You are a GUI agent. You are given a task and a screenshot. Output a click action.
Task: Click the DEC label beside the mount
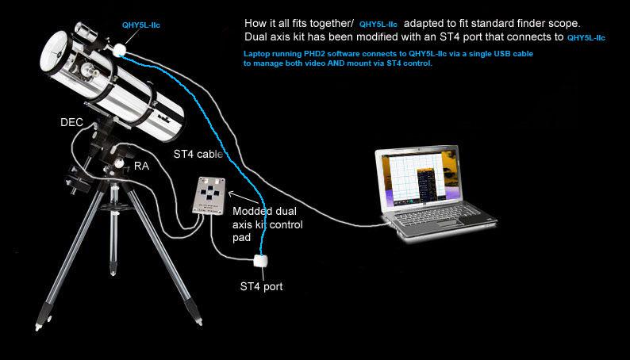[71, 122]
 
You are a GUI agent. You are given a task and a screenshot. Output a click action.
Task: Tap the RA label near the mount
[141, 167]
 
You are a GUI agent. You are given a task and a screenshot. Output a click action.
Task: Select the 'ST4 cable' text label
[198, 154]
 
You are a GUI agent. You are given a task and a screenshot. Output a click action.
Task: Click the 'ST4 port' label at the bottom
[261, 286]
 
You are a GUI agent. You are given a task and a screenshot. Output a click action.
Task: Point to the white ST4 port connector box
[260, 262]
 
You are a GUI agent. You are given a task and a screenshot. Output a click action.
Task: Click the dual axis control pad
[209, 196]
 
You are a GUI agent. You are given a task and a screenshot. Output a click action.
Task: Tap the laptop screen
[418, 178]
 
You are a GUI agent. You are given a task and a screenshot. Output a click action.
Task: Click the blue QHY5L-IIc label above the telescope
[141, 25]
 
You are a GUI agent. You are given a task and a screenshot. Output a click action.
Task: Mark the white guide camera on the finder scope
[119, 50]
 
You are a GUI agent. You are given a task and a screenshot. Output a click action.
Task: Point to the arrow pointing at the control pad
[244, 198]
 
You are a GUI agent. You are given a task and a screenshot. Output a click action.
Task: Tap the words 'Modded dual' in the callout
[264, 211]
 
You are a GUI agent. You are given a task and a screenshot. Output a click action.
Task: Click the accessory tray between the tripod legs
[113, 207]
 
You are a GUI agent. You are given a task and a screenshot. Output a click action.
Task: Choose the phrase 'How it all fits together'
[297, 24]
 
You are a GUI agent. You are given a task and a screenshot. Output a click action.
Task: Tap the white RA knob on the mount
[119, 163]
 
